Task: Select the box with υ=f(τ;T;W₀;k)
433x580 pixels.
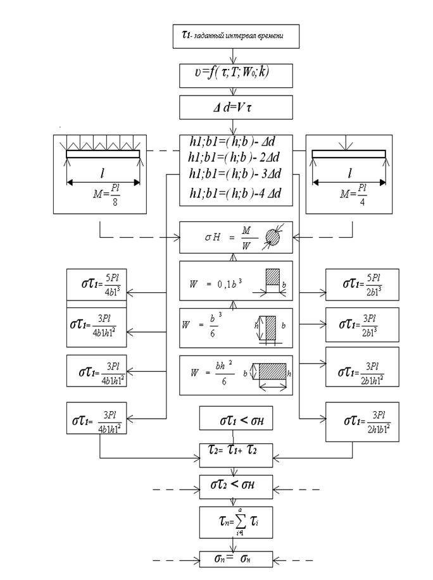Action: click(x=235, y=75)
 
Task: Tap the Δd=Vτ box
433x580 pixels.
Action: click(x=235, y=107)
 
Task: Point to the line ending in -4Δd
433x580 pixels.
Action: click(x=235, y=192)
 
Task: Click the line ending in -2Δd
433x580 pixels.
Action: click(x=235, y=157)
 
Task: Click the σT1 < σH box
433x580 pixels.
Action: click(x=236, y=419)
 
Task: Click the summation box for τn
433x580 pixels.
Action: click(x=236, y=523)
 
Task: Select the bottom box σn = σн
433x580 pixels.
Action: click(x=236, y=559)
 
